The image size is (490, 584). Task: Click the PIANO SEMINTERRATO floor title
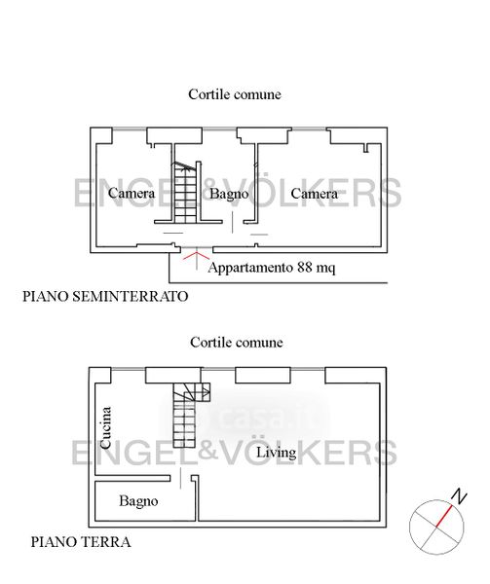(x=105, y=297)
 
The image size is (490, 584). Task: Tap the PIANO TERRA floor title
(x=81, y=542)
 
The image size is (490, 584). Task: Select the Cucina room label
(x=105, y=427)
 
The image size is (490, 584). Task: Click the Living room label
(x=276, y=453)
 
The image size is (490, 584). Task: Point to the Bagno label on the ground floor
(x=138, y=501)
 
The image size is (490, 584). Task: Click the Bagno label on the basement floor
(x=229, y=194)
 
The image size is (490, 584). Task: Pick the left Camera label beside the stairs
(x=132, y=193)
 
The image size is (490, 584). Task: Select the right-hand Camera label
(x=314, y=194)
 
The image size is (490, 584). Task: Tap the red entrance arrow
(x=197, y=259)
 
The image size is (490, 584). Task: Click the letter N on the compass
(x=459, y=496)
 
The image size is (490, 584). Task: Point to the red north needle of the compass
(x=444, y=516)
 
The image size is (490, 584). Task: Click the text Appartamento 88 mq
(x=272, y=268)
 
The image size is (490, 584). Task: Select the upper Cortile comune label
(x=235, y=94)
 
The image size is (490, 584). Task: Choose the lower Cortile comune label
(x=237, y=343)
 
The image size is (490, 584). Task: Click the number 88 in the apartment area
(x=305, y=267)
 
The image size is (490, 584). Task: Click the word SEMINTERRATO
(x=130, y=297)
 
